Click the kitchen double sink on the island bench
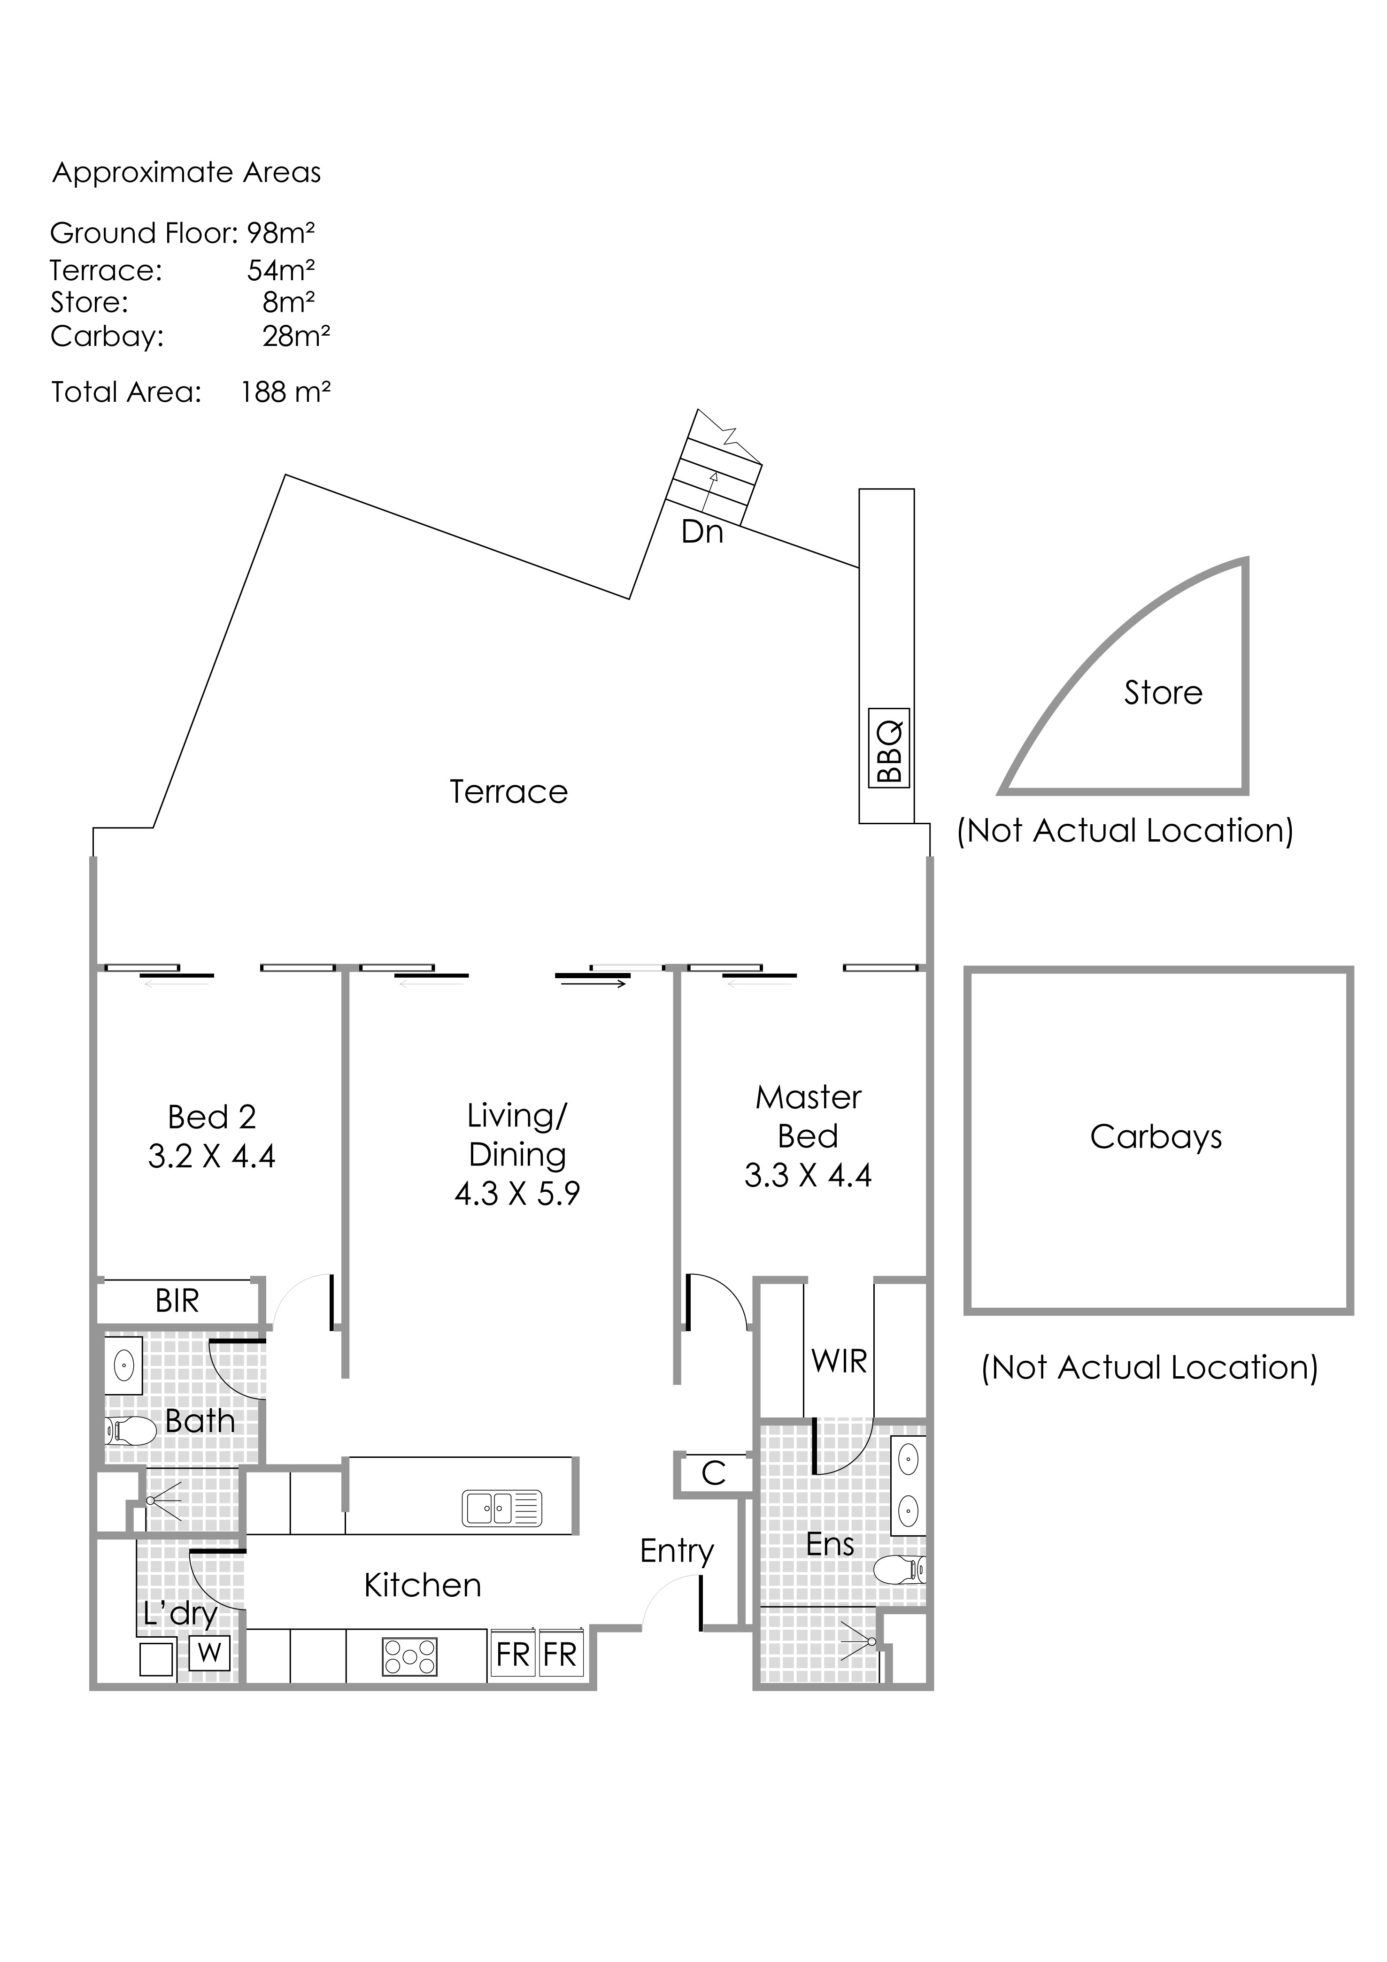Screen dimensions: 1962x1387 pyautogui.click(x=501, y=1508)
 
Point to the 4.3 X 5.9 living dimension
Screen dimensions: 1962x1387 pyautogui.click(x=517, y=1193)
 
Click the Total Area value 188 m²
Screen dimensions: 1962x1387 pyautogui.click(x=285, y=392)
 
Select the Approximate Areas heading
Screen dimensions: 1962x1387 pyautogui.click(x=186, y=173)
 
